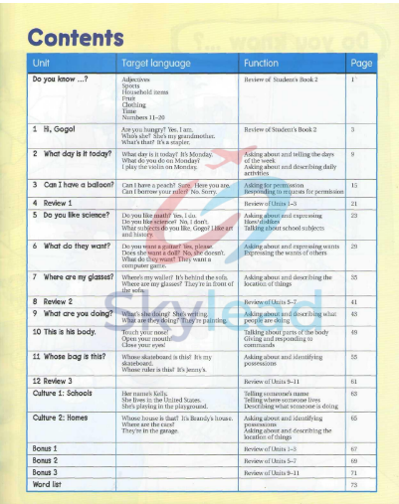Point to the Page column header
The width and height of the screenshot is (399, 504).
(x=361, y=63)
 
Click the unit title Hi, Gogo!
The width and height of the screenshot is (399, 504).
(x=62, y=128)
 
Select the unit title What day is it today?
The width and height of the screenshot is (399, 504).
(x=73, y=154)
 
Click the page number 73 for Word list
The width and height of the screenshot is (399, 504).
(x=353, y=483)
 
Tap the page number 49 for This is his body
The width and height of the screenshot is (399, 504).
(x=353, y=330)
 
